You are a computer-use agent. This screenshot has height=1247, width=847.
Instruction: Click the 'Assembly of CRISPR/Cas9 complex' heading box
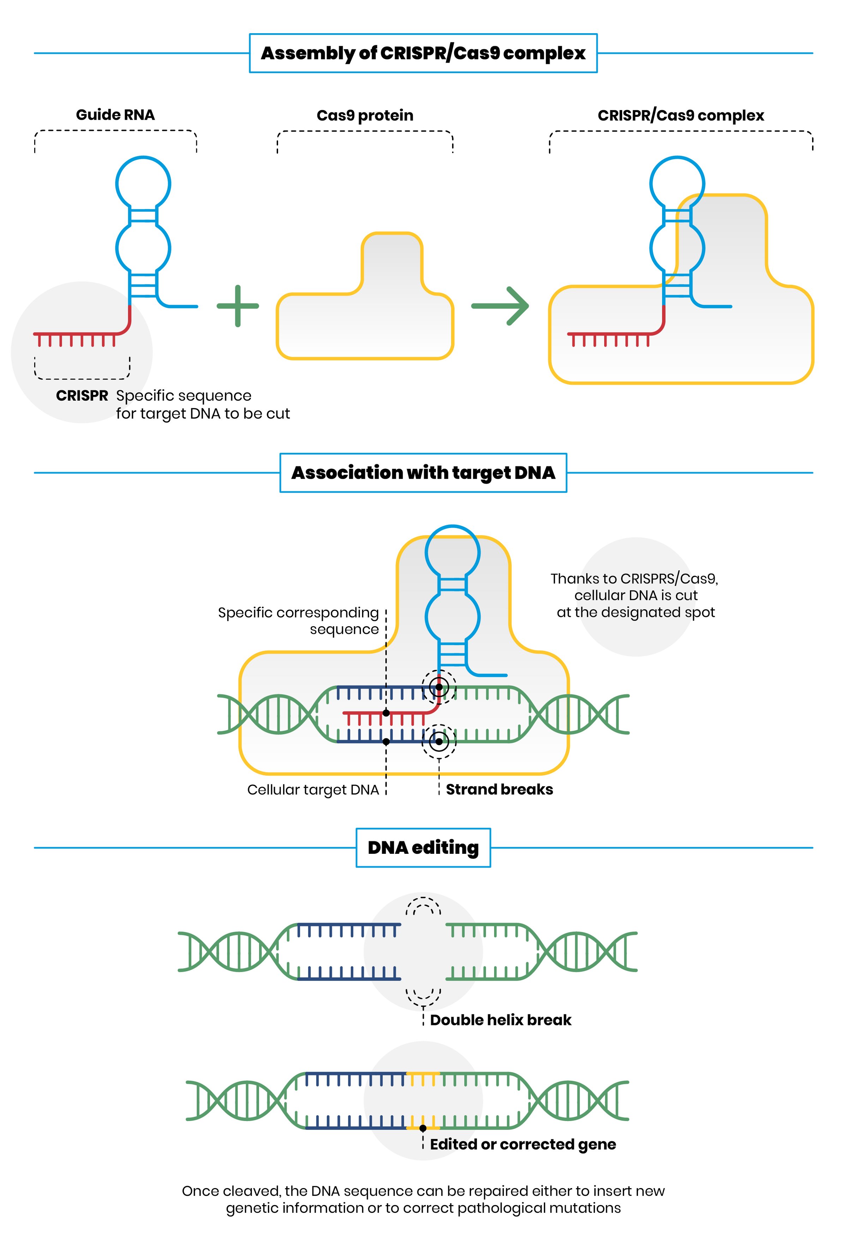tap(423, 53)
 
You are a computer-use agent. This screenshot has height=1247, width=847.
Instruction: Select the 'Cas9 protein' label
tap(365, 115)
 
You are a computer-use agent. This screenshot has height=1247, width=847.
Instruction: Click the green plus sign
tap(238, 306)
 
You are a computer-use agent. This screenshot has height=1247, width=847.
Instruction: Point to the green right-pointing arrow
tap(501, 306)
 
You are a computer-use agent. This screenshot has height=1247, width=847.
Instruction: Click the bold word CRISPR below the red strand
tap(82, 395)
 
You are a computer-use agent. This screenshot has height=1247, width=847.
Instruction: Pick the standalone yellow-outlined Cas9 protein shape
tap(365, 322)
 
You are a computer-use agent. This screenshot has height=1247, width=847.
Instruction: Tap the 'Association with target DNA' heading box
tap(423, 473)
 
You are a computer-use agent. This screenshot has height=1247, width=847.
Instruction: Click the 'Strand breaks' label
tap(499, 789)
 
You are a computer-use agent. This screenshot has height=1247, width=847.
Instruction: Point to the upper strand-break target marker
tap(439, 687)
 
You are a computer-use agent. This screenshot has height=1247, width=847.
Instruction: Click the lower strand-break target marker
tap(439, 742)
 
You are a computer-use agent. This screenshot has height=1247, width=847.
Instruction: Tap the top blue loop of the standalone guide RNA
tap(143, 184)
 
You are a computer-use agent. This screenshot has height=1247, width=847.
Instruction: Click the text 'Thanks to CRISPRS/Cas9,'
tap(634, 578)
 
